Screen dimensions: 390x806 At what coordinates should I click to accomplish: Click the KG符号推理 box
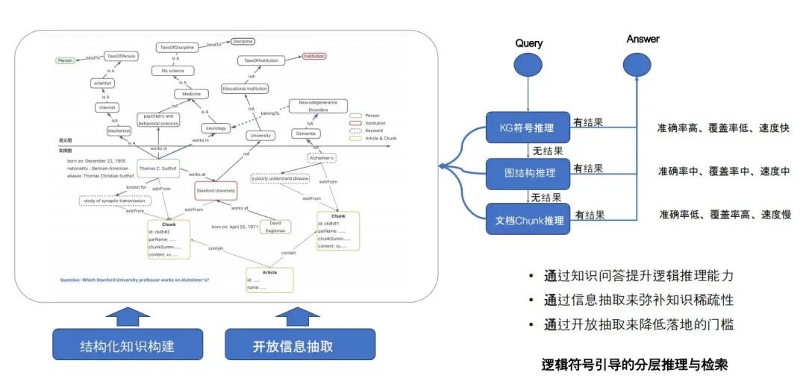528,128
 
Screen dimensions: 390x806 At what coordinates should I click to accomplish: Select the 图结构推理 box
528,172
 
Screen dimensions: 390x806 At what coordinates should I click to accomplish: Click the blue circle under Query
528,66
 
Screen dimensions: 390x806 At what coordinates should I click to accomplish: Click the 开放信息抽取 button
300,345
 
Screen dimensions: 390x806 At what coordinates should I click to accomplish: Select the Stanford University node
216,191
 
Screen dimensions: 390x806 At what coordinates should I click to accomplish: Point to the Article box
269,280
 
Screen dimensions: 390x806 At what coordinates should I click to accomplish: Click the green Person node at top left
66,60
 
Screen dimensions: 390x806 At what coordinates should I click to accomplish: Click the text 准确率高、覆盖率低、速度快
723,127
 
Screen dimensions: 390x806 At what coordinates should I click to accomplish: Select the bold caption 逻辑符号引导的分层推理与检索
634,365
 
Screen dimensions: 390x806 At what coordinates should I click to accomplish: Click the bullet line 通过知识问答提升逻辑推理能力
639,276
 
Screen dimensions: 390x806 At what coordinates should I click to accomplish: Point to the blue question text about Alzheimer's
134,280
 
